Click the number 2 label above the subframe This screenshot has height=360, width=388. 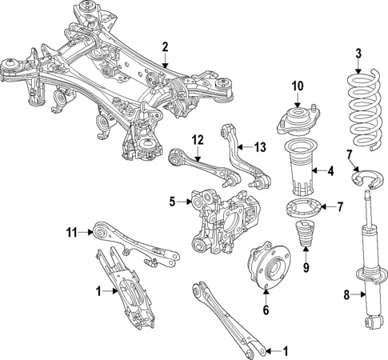pyautogui.click(x=165, y=46)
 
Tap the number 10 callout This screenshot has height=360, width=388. pyautogui.click(x=298, y=86)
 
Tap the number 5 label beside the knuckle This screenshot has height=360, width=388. pyautogui.click(x=170, y=202)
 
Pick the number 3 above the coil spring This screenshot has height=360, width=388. pyautogui.click(x=358, y=54)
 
